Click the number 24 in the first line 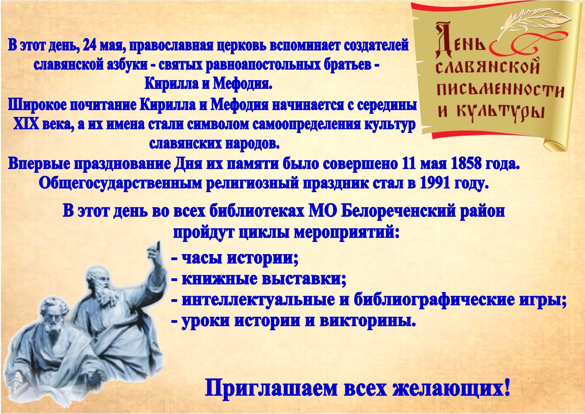pos(89,45)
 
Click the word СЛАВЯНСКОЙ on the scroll pos(488,66)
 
